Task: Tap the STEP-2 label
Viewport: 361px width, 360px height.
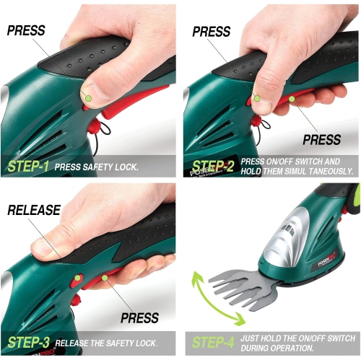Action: pyautogui.click(x=213, y=167)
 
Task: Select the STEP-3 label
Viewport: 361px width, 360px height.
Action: pyautogui.click(x=27, y=342)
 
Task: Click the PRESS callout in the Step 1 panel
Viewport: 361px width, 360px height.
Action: pyautogui.click(x=26, y=31)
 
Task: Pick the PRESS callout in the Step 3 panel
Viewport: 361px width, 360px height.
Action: pyautogui.click(x=140, y=318)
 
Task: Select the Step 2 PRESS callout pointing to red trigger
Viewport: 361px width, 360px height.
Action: pyautogui.click(x=321, y=139)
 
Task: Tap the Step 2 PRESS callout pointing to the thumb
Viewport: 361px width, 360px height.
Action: pyautogui.click(x=211, y=32)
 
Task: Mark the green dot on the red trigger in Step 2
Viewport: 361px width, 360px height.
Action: pyautogui.click(x=292, y=99)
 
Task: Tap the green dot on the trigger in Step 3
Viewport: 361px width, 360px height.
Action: pyautogui.click(x=105, y=276)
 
